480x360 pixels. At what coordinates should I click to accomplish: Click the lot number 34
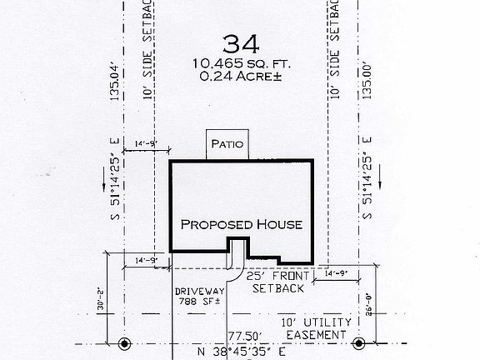tap(237, 42)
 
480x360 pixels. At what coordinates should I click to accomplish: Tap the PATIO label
tap(227, 144)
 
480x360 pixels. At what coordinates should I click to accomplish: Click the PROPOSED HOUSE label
tap(242, 225)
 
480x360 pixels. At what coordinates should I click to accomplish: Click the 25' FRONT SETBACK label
tap(282, 281)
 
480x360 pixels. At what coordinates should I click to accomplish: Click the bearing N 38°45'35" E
tap(245, 353)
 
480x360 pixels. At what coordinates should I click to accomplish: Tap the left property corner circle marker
tap(126, 343)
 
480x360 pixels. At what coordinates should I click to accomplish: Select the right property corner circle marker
tap(359, 343)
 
